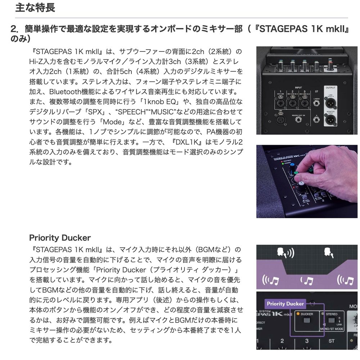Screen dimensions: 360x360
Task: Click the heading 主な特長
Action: pos(35,8)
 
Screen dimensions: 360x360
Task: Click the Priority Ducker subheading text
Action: pos(60,238)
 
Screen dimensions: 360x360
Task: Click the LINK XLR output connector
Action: pos(330,103)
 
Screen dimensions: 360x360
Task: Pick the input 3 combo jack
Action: pos(305,103)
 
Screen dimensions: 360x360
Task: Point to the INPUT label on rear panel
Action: pos(298,87)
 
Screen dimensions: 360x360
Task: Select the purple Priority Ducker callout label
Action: pos(285,303)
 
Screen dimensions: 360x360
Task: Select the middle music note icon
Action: pos(306,280)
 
